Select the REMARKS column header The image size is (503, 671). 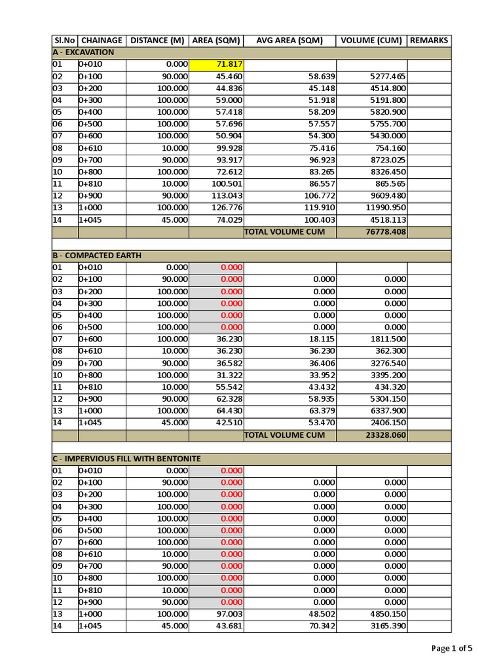tap(429, 41)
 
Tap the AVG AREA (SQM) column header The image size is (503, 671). tap(289, 41)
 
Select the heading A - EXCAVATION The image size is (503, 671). tap(83, 52)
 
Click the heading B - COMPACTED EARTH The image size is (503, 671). tap(97, 256)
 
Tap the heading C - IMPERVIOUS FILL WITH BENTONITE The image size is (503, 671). tap(126, 459)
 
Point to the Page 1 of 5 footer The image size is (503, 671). tap(452, 649)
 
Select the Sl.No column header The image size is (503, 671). tap(65, 41)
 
